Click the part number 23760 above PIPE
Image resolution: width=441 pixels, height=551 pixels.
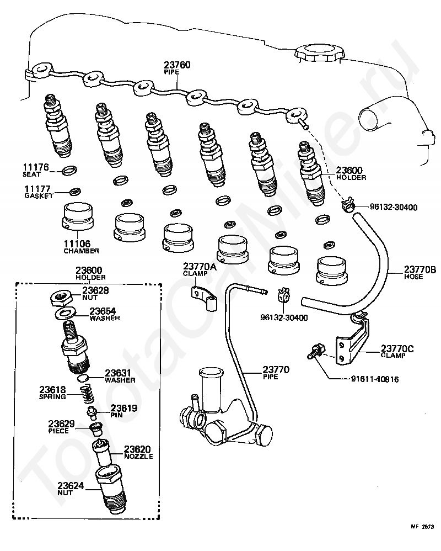[x=177, y=65]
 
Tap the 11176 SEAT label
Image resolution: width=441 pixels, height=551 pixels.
[x=36, y=169]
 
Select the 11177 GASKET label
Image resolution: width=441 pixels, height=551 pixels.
[x=38, y=192]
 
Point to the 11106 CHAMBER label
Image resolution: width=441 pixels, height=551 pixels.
[x=80, y=246]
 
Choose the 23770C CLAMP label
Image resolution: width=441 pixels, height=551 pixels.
[x=396, y=352]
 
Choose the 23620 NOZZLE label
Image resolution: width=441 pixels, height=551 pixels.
[x=137, y=452]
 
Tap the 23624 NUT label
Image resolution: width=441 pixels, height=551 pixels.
[x=71, y=488]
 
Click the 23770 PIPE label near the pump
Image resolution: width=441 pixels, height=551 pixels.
[x=276, y=373]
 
